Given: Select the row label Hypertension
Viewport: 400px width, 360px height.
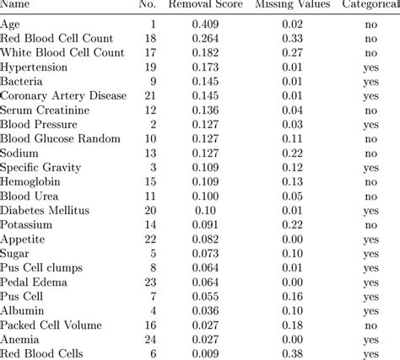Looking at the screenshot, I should pos(35,66).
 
